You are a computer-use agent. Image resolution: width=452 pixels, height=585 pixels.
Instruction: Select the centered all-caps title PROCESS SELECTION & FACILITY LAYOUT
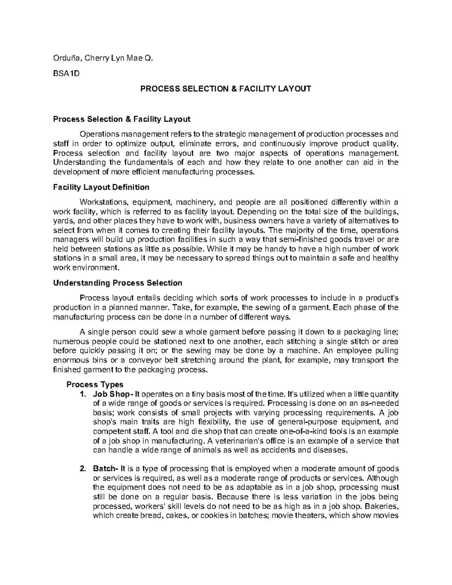226,89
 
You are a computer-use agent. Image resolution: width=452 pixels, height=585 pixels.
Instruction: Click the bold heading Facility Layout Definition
101,187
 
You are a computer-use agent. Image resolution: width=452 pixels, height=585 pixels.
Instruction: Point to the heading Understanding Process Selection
118,283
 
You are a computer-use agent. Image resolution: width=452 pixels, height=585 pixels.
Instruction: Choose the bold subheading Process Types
95,385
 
